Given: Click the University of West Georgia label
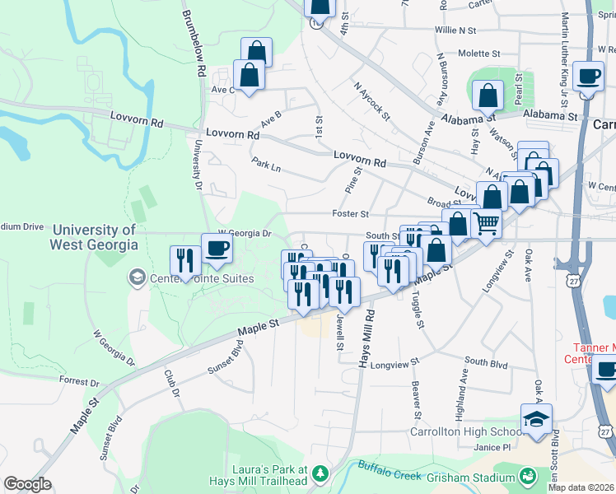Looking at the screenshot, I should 93,237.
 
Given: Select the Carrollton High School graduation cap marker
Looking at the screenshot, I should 536,419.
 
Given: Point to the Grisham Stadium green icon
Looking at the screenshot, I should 526,476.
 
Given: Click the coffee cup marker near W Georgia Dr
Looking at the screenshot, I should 217,249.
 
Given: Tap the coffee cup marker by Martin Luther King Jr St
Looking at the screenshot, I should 588,77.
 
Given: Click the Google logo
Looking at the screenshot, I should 27,484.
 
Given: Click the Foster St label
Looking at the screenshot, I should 350,214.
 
